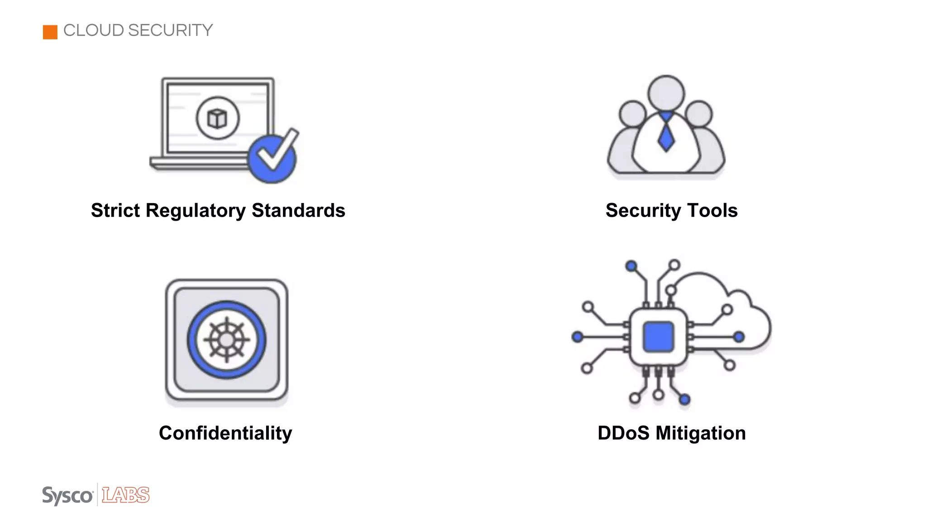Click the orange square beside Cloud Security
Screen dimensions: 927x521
(50, 32)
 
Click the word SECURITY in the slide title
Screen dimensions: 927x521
(170, 30)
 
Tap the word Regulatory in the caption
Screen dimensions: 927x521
(196, 211)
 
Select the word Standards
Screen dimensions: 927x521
(298, 211)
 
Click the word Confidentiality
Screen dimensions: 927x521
(225, 433)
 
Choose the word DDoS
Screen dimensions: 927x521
(623, 433)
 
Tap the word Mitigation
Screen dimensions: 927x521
(700, 433)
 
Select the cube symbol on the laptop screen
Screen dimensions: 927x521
(217, 118)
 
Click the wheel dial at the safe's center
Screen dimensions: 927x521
(226, 340)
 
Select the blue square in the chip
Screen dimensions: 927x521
(658, 337)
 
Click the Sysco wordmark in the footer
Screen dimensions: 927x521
(67, 496)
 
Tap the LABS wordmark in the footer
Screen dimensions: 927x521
(125, 495)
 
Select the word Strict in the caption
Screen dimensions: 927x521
(115, 211)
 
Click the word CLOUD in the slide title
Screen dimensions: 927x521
(94, 30)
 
